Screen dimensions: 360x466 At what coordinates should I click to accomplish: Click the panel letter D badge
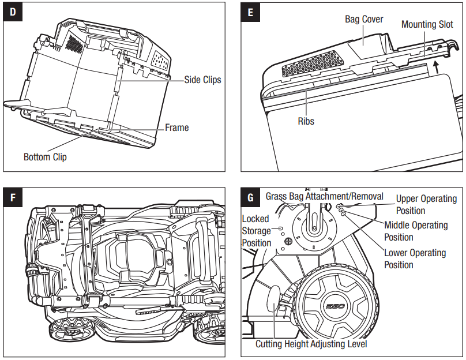coord(12,12)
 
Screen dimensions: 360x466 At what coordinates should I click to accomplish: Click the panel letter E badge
coord(250,12)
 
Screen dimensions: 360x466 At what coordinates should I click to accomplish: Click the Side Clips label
coord(202,80)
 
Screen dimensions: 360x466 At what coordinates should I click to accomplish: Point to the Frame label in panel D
coord(176,127)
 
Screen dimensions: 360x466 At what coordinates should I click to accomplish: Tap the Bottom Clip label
coord(45,157)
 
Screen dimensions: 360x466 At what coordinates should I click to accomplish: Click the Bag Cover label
coord(364,20)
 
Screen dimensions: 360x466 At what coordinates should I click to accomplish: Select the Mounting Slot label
coord(427,24)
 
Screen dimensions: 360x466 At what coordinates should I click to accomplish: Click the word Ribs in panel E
coord(306,121)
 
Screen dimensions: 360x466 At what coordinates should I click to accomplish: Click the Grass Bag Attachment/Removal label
coord(324,196)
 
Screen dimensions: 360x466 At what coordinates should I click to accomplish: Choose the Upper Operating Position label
coord(426,204)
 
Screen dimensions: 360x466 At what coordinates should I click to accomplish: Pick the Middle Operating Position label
coord(415,231)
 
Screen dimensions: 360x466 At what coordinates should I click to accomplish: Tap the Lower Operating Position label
coord(415,258)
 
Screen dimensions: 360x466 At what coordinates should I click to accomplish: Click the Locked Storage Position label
coord(255,231)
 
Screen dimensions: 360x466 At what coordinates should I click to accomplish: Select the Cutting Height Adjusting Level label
coord(311,344)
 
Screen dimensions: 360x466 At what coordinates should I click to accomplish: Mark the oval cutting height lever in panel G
coord(274,301)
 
